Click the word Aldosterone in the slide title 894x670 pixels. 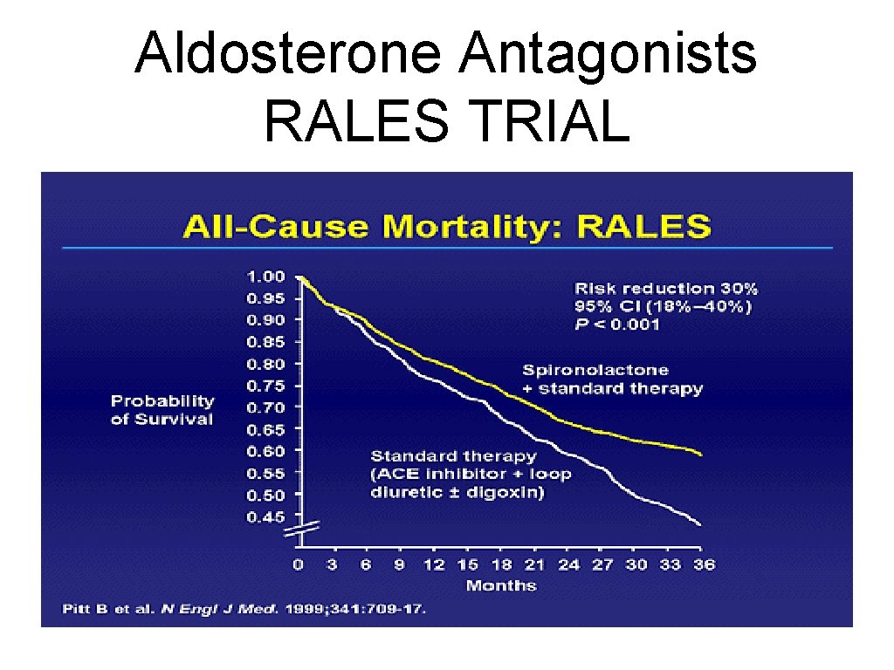click(289, 54)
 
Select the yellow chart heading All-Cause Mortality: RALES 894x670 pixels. click(445, 226)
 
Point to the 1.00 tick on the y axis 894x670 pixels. click(265, 277)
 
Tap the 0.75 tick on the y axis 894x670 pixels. click(265, 386)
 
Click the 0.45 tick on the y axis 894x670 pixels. click(265, 516)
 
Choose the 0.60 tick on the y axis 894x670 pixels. click(265, 451)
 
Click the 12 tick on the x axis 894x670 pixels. click(434, 564)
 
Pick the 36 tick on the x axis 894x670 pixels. click(704, 564)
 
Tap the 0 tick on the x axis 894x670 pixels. click(299, 564)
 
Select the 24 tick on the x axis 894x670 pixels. click(568, 564)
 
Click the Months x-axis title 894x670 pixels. click(501, 585)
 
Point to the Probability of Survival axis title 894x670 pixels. click(162, 410)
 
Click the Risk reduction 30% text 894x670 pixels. click(666, 288)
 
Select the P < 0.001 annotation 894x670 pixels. click(616, 325)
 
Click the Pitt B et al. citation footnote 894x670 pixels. click(244, 608)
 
